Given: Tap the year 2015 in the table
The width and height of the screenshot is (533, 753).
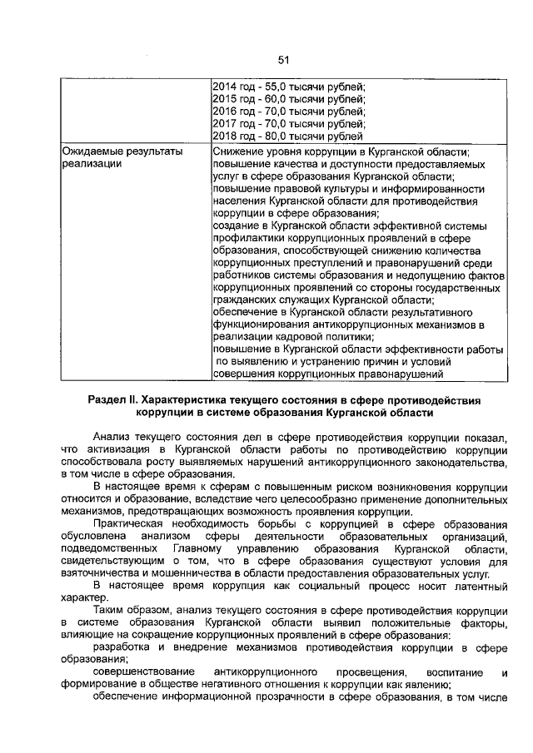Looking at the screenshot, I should click(225, 98).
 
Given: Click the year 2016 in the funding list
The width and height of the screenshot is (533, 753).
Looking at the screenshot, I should click(225, 111).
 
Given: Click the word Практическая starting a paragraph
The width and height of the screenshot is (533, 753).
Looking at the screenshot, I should click(131, 524).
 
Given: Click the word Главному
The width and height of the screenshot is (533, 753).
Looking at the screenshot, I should click(198, 549).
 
